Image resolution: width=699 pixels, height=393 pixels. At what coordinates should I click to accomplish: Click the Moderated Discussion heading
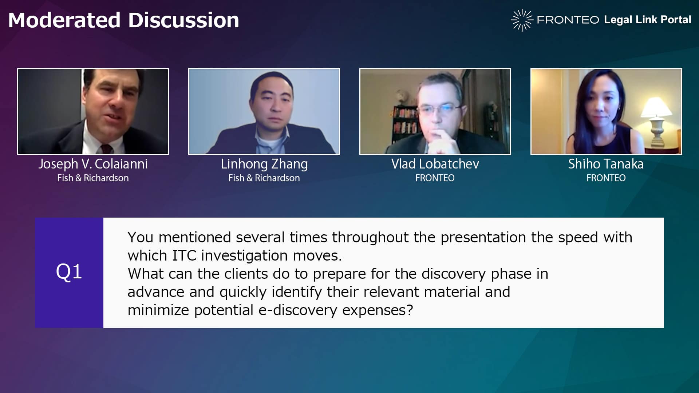[123, 20]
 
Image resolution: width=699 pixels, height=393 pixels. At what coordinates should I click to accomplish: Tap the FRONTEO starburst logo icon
[522, 20]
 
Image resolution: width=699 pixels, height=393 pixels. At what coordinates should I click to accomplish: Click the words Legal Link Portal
[647, 20]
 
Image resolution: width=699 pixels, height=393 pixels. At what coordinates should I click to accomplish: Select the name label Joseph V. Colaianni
[93, 164]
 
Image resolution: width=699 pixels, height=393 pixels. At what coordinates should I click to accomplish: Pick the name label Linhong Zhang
[264, 164]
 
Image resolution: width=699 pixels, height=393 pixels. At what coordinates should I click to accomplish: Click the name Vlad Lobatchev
[435, 164]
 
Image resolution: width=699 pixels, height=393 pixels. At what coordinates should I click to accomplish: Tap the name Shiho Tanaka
[606, 164]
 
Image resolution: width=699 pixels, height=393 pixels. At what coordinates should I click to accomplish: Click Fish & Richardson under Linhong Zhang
[264, 178]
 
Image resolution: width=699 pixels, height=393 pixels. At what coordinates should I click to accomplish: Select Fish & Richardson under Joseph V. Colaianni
[93, 178]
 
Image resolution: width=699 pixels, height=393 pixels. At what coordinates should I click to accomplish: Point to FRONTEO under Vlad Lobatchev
[435, 178]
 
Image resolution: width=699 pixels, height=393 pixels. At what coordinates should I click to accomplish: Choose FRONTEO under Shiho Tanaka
[606, 178]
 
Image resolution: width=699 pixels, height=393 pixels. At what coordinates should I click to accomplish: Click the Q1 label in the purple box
[69, 272]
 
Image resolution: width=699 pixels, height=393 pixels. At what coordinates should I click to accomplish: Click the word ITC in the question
[184, 255]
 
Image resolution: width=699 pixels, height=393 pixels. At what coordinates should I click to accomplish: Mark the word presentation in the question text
[483, 238]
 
